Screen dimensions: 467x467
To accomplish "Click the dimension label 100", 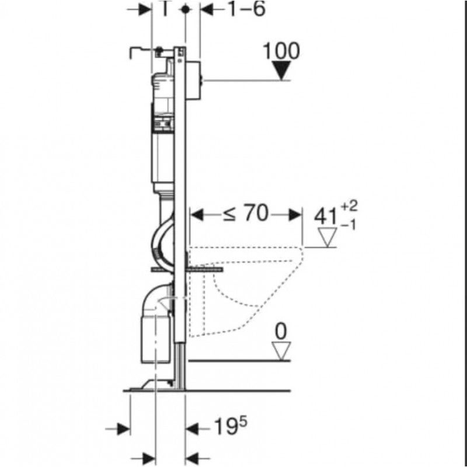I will [x=281, y=51].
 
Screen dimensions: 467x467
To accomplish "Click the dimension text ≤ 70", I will [x=245, y=214].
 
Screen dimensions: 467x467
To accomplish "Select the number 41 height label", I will [x=326, y=217].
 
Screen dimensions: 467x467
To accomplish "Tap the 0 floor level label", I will [x=281, y=332].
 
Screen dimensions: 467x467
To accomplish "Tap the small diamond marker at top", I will [x=186, y=9].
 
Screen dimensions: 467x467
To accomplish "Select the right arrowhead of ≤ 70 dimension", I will [x=295, y=215].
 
